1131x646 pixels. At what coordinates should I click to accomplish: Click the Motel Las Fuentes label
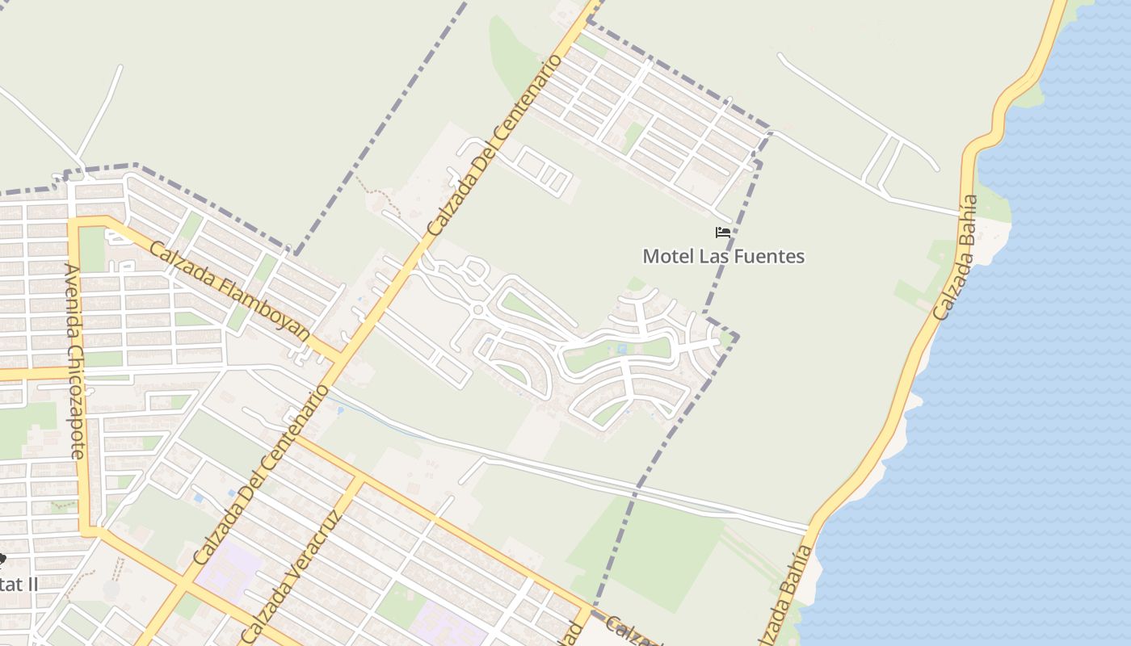(x=723, y=257)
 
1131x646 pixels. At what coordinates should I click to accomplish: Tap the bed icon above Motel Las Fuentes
(x=723, y=233)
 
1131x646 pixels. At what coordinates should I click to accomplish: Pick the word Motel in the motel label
(x=664, y=257)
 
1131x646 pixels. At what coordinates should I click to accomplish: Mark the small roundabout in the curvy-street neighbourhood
(x=477, y=310)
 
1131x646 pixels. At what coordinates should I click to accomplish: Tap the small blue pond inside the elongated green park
(x=620, y=350)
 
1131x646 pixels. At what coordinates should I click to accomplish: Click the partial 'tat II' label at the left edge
(x=18, y=583)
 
